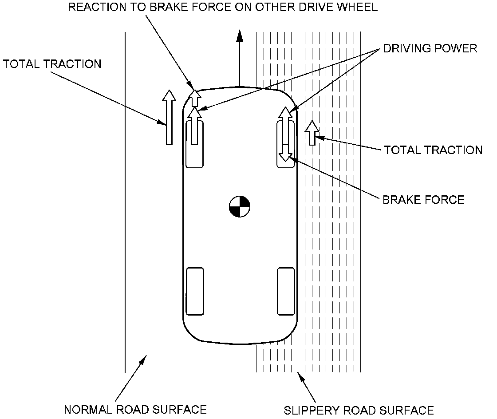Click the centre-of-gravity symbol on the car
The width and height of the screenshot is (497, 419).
click(x=240, y=206)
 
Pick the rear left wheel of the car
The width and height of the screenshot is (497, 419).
click(x=195, y=291)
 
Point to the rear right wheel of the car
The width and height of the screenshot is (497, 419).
click(x=286, y=291)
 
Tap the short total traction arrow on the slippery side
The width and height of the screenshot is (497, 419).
click(x=312, y=133)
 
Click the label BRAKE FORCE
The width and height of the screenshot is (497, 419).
click(x=423, y=200)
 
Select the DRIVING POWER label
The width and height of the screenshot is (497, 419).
click(x=430, y=48)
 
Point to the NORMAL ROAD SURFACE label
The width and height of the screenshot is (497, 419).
click(x=135, y=409)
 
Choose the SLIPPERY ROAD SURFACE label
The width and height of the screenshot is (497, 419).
click(x=359, y=410)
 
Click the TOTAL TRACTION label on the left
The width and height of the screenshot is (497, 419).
click(x=52, y=64)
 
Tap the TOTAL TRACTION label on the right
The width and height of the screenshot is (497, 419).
click(x=433, y=150)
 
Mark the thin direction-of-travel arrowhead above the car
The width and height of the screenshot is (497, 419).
click(x=240, y=36)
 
